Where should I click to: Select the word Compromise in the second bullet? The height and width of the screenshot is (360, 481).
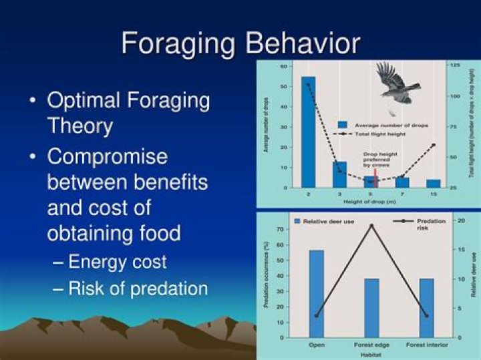coord(107,157)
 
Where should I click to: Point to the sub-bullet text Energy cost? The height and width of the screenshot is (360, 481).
coord(117,261)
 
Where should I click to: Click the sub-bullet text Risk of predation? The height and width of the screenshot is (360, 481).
coord(138,288)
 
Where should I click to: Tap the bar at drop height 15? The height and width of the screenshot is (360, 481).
coord(433,183)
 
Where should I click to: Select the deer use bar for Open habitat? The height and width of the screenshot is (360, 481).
coord(317,293)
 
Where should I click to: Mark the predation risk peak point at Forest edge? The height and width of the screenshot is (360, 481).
coord(372,226)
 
